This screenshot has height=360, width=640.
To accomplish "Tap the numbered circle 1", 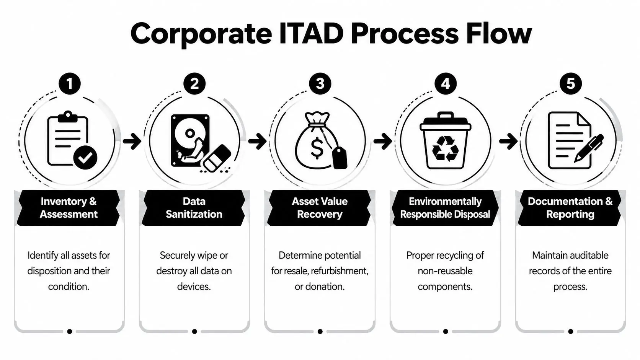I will (x=69, y=83).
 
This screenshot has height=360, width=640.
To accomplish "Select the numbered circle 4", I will (x=446, y=83).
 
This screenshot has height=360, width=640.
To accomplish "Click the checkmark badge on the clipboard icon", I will (x=85, y=157).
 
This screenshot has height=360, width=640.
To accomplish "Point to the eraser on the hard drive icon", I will (x=216, y=158).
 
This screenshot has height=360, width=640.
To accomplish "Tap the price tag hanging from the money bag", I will (x=339, y=158).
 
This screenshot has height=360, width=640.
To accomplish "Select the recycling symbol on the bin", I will (x=445, y=148).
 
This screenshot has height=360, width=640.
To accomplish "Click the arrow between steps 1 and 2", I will (x=132, y=141).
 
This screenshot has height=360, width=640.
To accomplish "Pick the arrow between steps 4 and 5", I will (x=508, y=141).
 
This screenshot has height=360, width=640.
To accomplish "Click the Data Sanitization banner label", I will (x=194, y=208).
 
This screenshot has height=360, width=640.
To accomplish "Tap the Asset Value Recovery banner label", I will (x=320, y=208).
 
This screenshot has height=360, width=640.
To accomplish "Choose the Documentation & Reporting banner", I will (x=570, y=208).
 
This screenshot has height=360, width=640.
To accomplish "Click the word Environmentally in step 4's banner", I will (x=445, y=201).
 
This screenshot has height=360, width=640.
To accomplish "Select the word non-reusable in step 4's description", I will (x=445, y=271).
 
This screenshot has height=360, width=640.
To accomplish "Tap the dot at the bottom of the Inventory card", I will (x=69, y=331).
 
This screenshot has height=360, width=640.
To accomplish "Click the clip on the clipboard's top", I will (x=68, y=116).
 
